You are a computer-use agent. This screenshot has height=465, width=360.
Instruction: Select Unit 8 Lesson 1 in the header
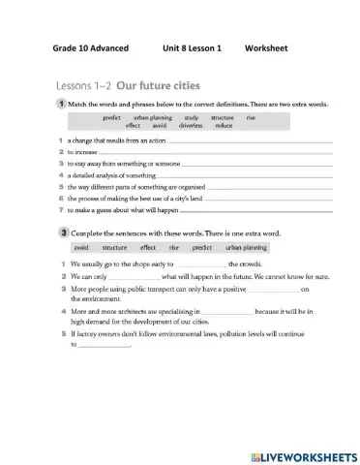185,47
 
